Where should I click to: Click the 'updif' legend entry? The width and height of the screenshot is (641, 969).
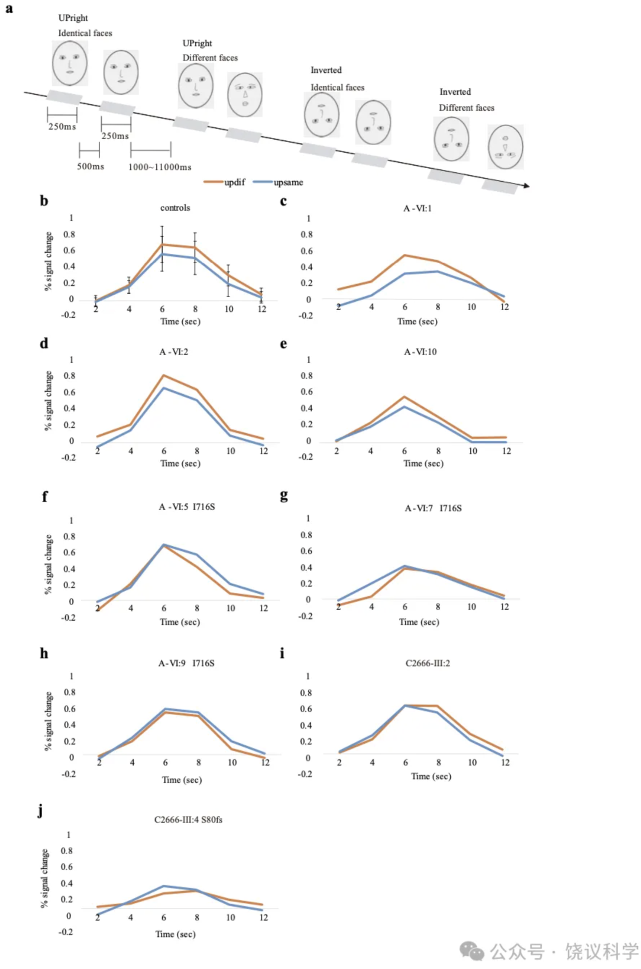click(x=234, y=182)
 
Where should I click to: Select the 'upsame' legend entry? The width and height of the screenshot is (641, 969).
click(x=288, y=182)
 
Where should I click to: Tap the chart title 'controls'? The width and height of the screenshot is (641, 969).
click(x=175, y=208)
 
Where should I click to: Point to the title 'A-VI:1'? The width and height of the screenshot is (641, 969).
click(x=417, y=208)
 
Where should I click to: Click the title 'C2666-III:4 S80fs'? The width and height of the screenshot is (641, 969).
click(x=188, y=819)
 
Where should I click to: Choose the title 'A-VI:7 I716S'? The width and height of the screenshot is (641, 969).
click(x=433, y=508)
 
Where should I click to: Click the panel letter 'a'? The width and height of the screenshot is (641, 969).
click(x=9, y=9)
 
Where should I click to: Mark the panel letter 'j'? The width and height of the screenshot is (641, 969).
click(x=40, y=810)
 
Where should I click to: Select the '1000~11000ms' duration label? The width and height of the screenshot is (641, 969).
click(x=160, y=167)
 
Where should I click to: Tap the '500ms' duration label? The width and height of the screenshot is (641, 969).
click(x=90, y=166)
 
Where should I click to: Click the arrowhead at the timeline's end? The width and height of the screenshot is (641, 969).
click(x=526, y=186)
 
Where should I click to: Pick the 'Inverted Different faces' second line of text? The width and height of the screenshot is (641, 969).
click(x=467, y=108)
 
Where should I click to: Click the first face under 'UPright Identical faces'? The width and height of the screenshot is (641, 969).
click(x=70, y=63)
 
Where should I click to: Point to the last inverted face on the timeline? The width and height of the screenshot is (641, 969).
click(x=506, y=147)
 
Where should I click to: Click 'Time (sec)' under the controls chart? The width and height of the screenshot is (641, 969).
click(x=180, y=321)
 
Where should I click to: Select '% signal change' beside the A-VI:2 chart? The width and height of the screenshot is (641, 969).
click(x=48, y=400)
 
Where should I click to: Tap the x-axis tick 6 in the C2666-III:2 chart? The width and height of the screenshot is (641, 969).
click(x=406, y=763)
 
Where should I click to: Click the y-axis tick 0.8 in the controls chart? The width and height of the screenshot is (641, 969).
click(x=70, y=234)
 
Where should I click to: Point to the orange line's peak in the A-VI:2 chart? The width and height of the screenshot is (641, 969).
click(x=164, y=376)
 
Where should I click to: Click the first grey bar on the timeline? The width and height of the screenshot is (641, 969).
click(x=64, y=96)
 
